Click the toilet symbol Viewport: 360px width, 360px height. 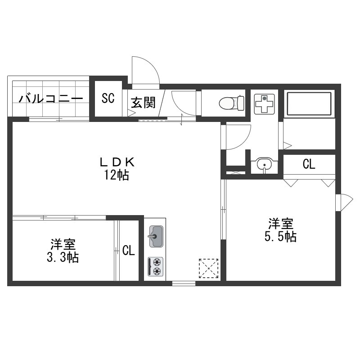(x=231, y=103)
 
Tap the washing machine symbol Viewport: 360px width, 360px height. (x=265, y=104)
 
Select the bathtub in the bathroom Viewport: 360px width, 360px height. (x=309, y=103)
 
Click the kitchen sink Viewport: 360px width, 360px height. (x=156, y=237)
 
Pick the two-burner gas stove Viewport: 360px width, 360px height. (x=155, y=266)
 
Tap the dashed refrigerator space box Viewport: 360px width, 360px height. (x=208, y=268)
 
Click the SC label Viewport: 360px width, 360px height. (x=108, y=98)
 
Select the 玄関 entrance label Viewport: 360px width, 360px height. (x=143, y=103)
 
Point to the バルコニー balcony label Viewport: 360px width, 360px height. (x=51, y=99)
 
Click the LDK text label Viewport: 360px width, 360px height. (x=117, y=162)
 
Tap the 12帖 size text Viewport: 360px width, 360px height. (x=117, y=175)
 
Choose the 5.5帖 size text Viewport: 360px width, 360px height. (x=280, y=237)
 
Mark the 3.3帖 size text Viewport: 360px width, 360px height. (x=63, y=257)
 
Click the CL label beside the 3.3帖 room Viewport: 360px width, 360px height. (x=128, y=250)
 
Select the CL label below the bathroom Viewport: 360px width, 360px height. (x=309, y=164)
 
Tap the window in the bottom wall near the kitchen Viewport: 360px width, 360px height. (x=184, y=283)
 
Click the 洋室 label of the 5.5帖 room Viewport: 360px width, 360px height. (x=281, y=224)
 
